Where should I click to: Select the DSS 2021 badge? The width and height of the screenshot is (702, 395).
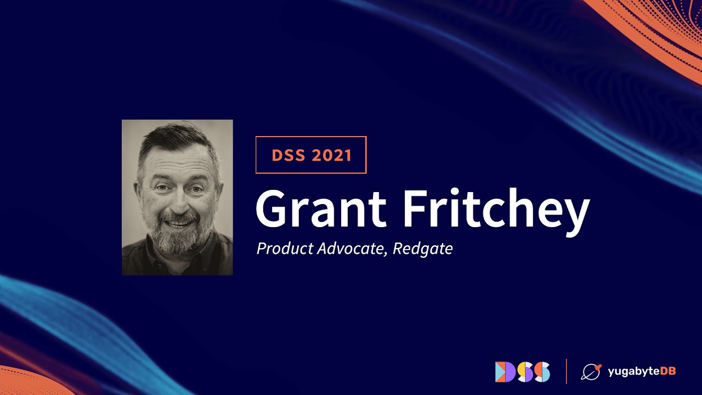click(x=311, y=155)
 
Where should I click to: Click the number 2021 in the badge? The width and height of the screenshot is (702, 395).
click(x=331, y=155)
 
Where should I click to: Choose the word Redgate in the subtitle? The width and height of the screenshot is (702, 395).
click(x=423, y=249)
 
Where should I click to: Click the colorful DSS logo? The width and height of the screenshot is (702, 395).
click(x=522, y=371)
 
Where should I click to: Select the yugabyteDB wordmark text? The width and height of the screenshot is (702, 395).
click(x=642, y=371)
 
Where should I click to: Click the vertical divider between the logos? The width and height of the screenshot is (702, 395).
click(x=567, y=371)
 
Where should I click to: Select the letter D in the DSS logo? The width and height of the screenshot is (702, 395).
click(x=502, y=371)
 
